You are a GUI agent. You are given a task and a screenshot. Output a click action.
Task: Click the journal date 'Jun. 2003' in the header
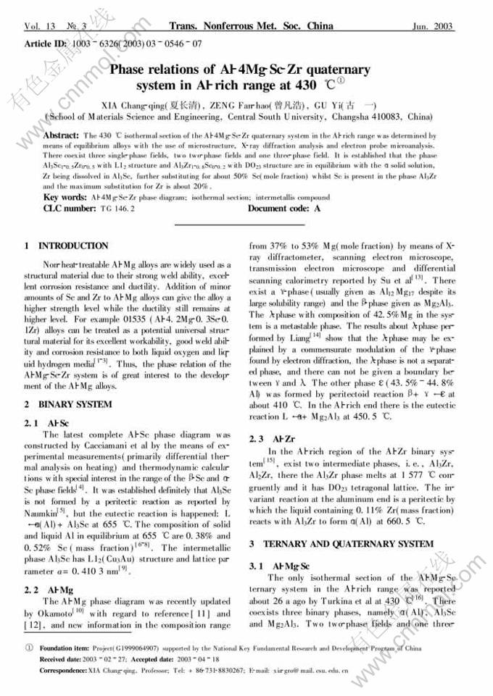pyautogui.click(x=432, y=27)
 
